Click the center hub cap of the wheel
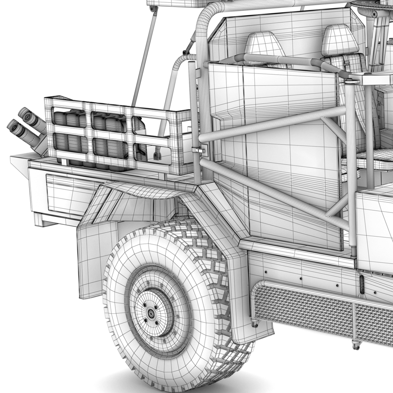pos(150,313)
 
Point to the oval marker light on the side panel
pos(362,284)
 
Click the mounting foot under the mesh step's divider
pos(356,344)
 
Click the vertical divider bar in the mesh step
pos(354,320)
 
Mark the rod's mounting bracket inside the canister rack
pos(157,155)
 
